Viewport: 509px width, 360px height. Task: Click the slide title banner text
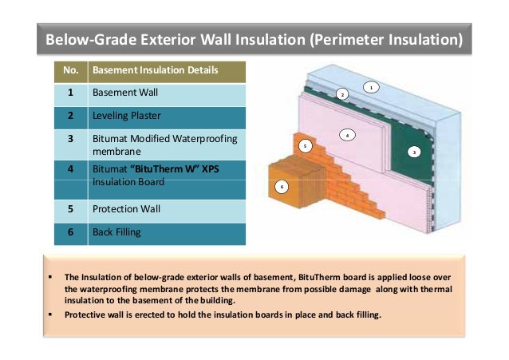click(x=254, y=39)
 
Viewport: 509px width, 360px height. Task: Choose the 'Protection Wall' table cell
click(x=127, y=209)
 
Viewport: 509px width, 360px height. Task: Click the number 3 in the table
click(x=70, y=138)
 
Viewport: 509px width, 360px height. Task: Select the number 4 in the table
click(x=70, y=169)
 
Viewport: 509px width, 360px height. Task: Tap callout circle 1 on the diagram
click(x=370, y=86)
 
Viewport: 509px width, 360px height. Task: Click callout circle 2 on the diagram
click(x=341, y=94)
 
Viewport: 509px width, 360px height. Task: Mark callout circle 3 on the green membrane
click(x=415, y=151)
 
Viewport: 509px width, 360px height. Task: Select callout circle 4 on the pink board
click(x=347, y=135)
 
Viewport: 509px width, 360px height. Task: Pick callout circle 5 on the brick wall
click(x=304, y=146)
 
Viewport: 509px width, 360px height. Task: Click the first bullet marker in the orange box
click(x=50, y=277)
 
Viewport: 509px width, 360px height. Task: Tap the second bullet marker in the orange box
click(x=50, y=314)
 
